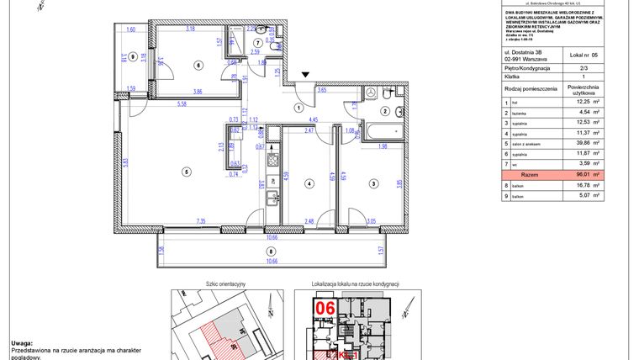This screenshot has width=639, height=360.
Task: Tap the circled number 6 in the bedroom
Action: [198, 64]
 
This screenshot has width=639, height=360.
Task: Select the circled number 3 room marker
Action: [372, 183]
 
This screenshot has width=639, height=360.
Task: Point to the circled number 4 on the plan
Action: [309, 183]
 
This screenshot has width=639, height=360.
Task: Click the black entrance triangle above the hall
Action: [307, 75]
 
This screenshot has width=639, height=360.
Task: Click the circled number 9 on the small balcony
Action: [122, 58]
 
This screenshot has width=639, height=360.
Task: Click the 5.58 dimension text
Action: [182, 104]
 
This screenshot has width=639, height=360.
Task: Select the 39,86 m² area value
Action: [589, 144]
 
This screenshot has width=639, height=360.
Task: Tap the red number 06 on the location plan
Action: [325, 310]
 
